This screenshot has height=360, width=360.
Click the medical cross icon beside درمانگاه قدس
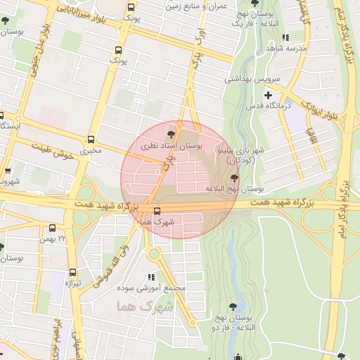pos(267,95)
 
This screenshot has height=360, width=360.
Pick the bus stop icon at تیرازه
pos(72,272)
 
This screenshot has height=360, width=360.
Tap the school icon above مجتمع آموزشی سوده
pos(151,277)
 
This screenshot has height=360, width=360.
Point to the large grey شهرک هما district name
pos(146,307)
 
